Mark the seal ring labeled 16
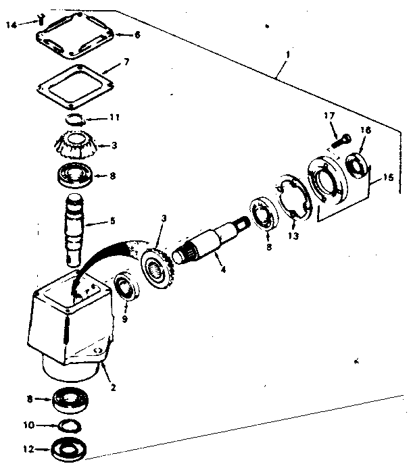pyautogui.click(x=358, y=165)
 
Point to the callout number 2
pyautogui.click(x=112, y=388)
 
